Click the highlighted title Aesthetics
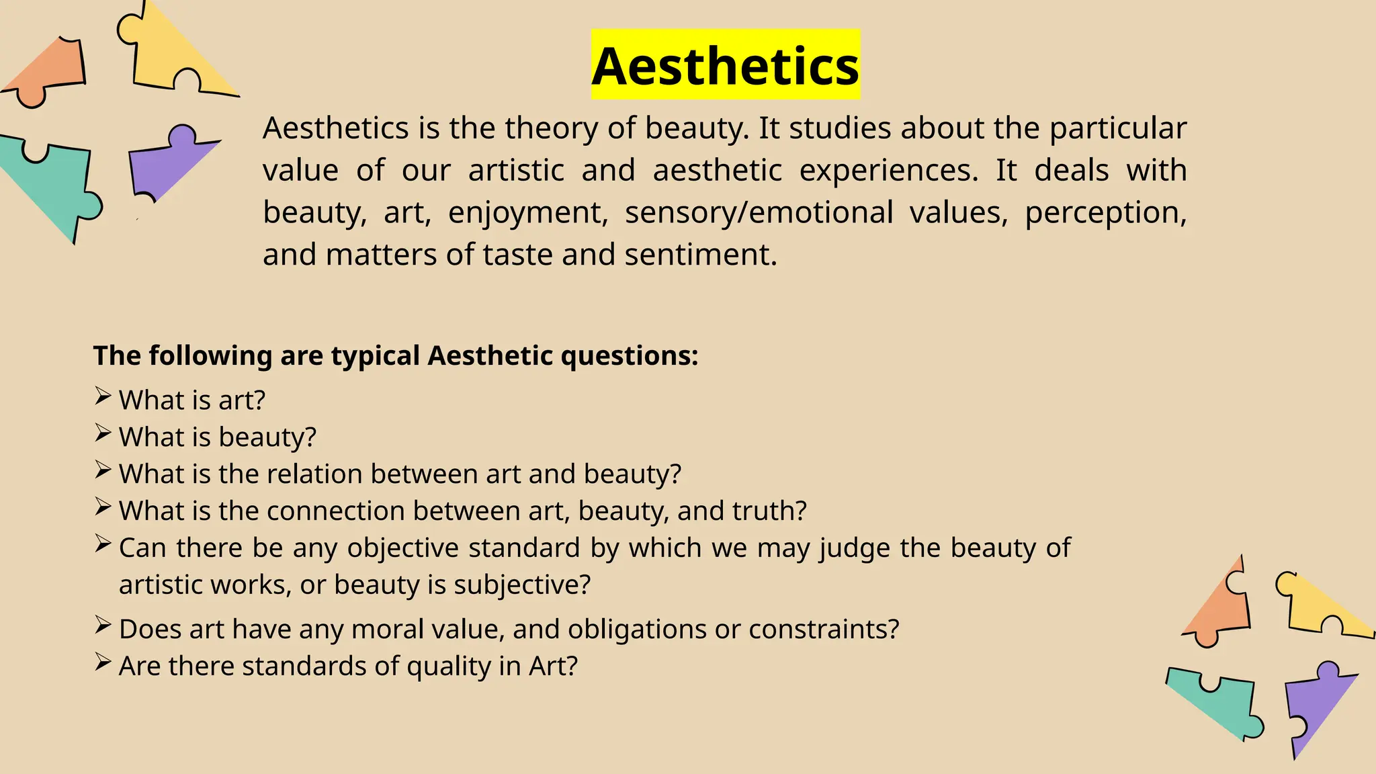pyautogui.click(x=725, y=66)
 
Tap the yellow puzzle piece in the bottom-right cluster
pyautogui.click(x=1320, y=608)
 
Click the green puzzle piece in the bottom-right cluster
pyautogui.click(x=1216, y=702)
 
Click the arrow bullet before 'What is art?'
pyautogui.click(x=103, y=396)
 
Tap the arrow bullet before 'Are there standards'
pyautogui.click(x=103, y=662)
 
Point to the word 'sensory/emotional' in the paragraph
pyautogui.click(x=759, y=213)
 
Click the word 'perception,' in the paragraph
pyautogui.click(x=1105, y=213)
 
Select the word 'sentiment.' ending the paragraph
pyautogui.click(x=700, y=255)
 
